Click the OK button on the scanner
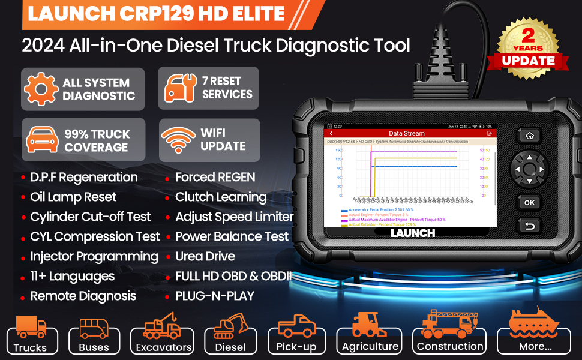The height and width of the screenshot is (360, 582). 529,202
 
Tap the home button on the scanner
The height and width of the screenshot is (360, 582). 529,136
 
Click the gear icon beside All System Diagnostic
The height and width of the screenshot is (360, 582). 41,89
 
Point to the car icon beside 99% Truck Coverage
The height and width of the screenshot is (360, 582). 41,140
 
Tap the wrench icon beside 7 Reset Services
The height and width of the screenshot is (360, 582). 178,88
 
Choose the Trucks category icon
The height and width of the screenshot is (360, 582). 31,328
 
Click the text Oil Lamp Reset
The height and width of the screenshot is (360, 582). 73,197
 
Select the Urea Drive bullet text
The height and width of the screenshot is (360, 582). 205,256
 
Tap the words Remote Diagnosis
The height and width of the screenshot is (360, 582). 83,296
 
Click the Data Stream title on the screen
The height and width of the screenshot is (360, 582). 406,133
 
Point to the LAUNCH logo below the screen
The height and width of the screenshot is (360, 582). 412,233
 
